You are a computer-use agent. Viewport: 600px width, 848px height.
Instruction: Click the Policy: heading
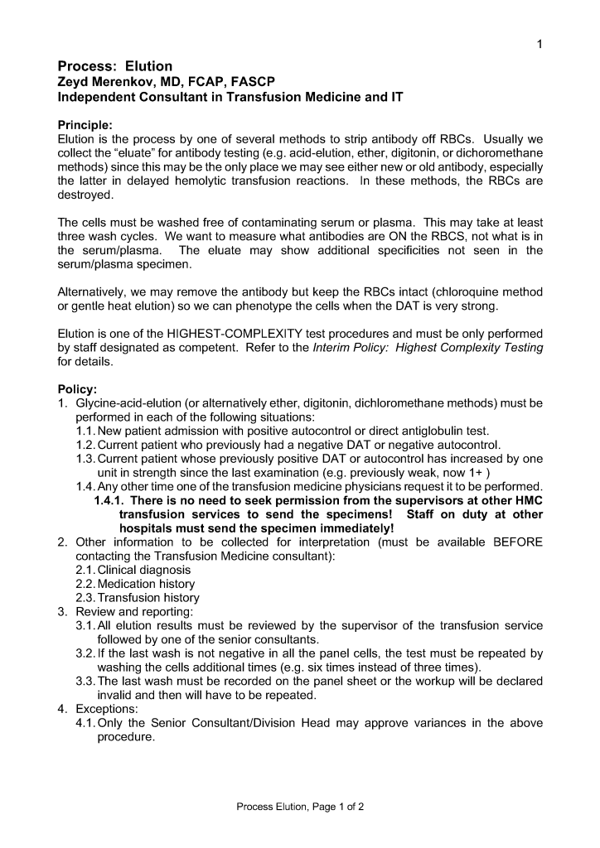[77, 389]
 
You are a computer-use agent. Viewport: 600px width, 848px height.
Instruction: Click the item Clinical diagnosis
[144, 570]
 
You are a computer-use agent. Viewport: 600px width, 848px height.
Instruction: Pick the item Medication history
[147, 584]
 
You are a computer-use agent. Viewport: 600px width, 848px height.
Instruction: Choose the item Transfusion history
[148, 598]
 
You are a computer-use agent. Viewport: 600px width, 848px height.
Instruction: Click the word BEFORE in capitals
[518, 542]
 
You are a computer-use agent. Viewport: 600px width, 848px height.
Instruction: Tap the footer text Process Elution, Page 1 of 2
[300, 806]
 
